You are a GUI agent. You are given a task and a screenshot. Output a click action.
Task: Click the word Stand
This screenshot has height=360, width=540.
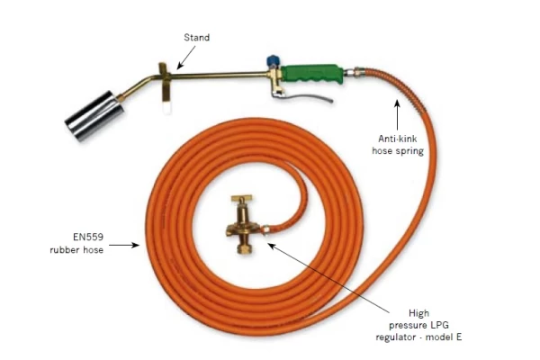[x=196, y=37]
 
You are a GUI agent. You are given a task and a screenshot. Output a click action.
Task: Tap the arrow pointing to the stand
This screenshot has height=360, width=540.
[x=186, y=58]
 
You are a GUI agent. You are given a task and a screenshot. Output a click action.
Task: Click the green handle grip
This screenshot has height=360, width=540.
[x=312, y=74]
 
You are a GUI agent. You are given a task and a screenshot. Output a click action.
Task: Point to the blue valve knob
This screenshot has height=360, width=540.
[x=273, y=61]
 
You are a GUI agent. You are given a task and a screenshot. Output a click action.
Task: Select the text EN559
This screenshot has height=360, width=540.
[x=88, y=237]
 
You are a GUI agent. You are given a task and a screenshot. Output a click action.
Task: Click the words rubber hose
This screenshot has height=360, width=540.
[x=76, y=250]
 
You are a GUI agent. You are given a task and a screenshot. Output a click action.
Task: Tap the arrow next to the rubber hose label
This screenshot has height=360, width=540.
[x=124, y=246]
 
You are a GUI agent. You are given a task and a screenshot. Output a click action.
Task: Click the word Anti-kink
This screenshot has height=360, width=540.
[x=398, y=139]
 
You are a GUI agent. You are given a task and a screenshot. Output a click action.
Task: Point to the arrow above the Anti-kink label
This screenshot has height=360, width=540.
[x=397, y=114]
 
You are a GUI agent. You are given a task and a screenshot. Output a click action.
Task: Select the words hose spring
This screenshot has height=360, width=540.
[x=398, y=151]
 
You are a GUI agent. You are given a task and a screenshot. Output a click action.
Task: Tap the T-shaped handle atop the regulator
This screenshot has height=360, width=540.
[x=241, y=199]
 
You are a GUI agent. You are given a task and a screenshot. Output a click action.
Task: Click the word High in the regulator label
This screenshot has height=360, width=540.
[x=418, y=313]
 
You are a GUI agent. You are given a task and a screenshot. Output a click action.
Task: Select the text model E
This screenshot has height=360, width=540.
[x=444, y=337]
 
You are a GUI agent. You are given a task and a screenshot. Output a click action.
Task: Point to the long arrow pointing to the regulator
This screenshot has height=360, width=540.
[x=328, y=278]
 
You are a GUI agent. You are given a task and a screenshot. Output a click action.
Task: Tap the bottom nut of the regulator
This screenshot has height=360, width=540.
[x=245, y=248]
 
